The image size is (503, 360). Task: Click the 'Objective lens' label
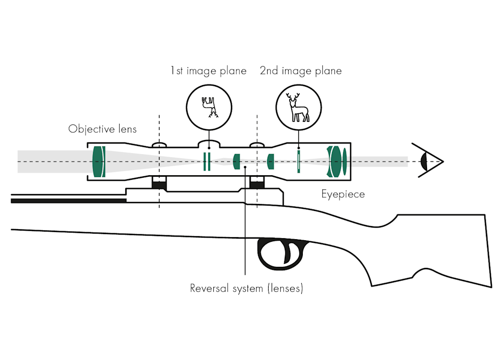[x=103, y=129]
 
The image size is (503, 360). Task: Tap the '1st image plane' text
[x=208, y=71]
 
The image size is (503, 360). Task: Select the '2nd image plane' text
[x=301, y=71]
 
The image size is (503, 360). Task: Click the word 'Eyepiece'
[x=343, y=194]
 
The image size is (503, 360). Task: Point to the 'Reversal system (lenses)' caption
[x=246, y=289]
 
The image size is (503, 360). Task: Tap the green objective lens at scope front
[x=99, y=161]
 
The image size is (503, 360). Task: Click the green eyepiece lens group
[x=337, y=161]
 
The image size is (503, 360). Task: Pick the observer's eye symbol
[x=426, y=161]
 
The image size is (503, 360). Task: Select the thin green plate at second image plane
[x=299, y=161]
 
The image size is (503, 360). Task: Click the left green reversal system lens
[x=237, y=161]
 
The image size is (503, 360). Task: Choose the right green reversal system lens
[x=271, y=161]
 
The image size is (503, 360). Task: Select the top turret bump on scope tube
[x=209, y=142]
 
